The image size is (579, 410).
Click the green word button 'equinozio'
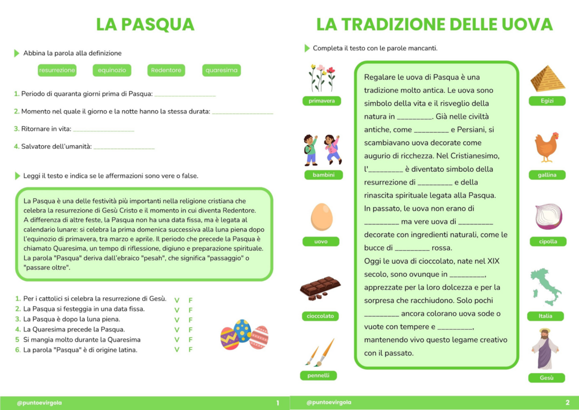tap(112, 70)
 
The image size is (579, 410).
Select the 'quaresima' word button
tap(222, 70)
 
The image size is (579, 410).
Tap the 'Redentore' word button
tap(166, 70)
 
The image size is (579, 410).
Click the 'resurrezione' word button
tap(57, 70)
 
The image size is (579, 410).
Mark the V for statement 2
tap(176, 310)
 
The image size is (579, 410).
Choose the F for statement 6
tap(191, 349)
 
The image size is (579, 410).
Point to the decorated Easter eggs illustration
tap(244, 334)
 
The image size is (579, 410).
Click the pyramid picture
tap(547, 79)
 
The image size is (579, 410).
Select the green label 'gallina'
tap(547, 175)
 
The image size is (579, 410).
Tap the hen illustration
tap(546, 146)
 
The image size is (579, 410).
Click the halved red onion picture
tap(548, 216)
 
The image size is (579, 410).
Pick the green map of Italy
tap(545, 287)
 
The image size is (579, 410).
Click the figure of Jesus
tap(544, 348)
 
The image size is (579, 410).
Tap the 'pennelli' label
tap(318, 375)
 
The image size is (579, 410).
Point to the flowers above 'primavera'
tap(322, 78)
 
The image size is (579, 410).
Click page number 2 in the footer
tap(567, 403)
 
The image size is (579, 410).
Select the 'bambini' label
tap(323, 175)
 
